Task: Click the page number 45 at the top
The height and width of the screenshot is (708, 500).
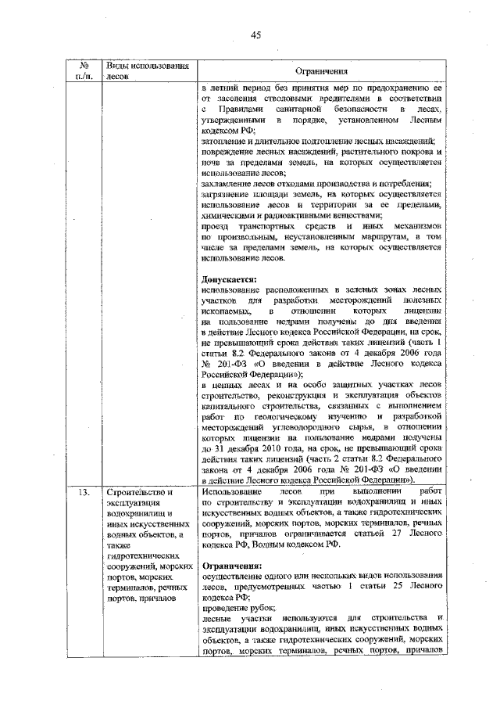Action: (255, 34)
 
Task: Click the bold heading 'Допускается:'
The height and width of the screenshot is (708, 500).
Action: (228, 279)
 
